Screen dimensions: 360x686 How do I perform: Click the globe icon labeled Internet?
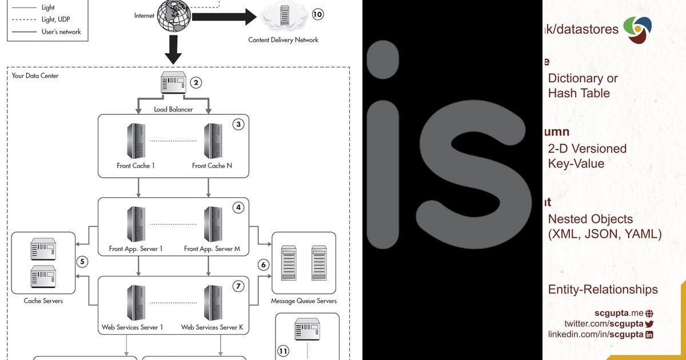[x=174, y=17]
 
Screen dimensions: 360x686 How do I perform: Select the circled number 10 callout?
[x=317, y=14]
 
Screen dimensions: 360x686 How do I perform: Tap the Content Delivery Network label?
[x=283, y=40]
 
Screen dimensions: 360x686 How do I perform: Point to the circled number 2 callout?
[x=196, y=83]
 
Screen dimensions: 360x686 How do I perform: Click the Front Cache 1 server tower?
[x=135, y=141]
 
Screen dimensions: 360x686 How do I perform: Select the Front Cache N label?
[x=212, y=166]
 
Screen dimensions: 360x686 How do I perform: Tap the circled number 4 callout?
[x=238, y=207]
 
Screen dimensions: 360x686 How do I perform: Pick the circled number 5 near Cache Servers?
[x=82, y=262]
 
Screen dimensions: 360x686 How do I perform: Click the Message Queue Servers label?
[x=304, y=301]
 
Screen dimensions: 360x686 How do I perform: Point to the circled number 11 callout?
[x=284, y=350]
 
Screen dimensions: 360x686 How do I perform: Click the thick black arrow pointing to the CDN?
[x=224, y=17]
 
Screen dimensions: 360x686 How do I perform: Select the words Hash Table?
[x=579, y=93]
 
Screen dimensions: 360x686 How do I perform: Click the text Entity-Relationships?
[x=603, y=290]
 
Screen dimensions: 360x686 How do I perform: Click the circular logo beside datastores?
[x=637, y=30]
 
